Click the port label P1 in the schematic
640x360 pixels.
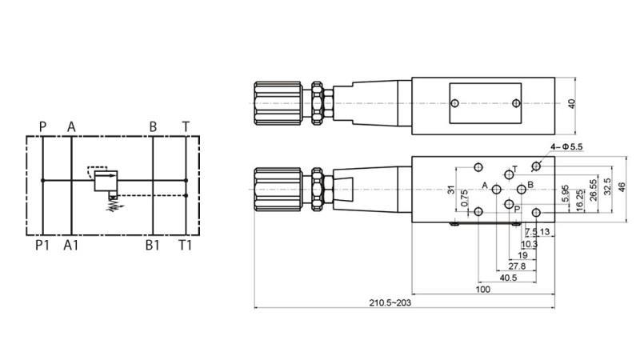pyautogui.click(x=42, y=246)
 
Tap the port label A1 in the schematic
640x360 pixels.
pyautogui.click(x=71, y=246)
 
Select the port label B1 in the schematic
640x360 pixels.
pyautogui.click(x=152, y=246)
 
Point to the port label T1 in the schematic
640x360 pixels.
pyautogui.click(x=185, y=246)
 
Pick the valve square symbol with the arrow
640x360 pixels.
pyautogui.click(x=106, y=180)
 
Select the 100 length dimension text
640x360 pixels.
pyautogui.click(x=482, y=290)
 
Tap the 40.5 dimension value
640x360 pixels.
pyautogui.click(x=507, y=278)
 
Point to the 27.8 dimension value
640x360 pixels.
pyautogui.click(x=517, y=266)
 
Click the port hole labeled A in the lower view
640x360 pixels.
pyautogui.click(x=497, y=188)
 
